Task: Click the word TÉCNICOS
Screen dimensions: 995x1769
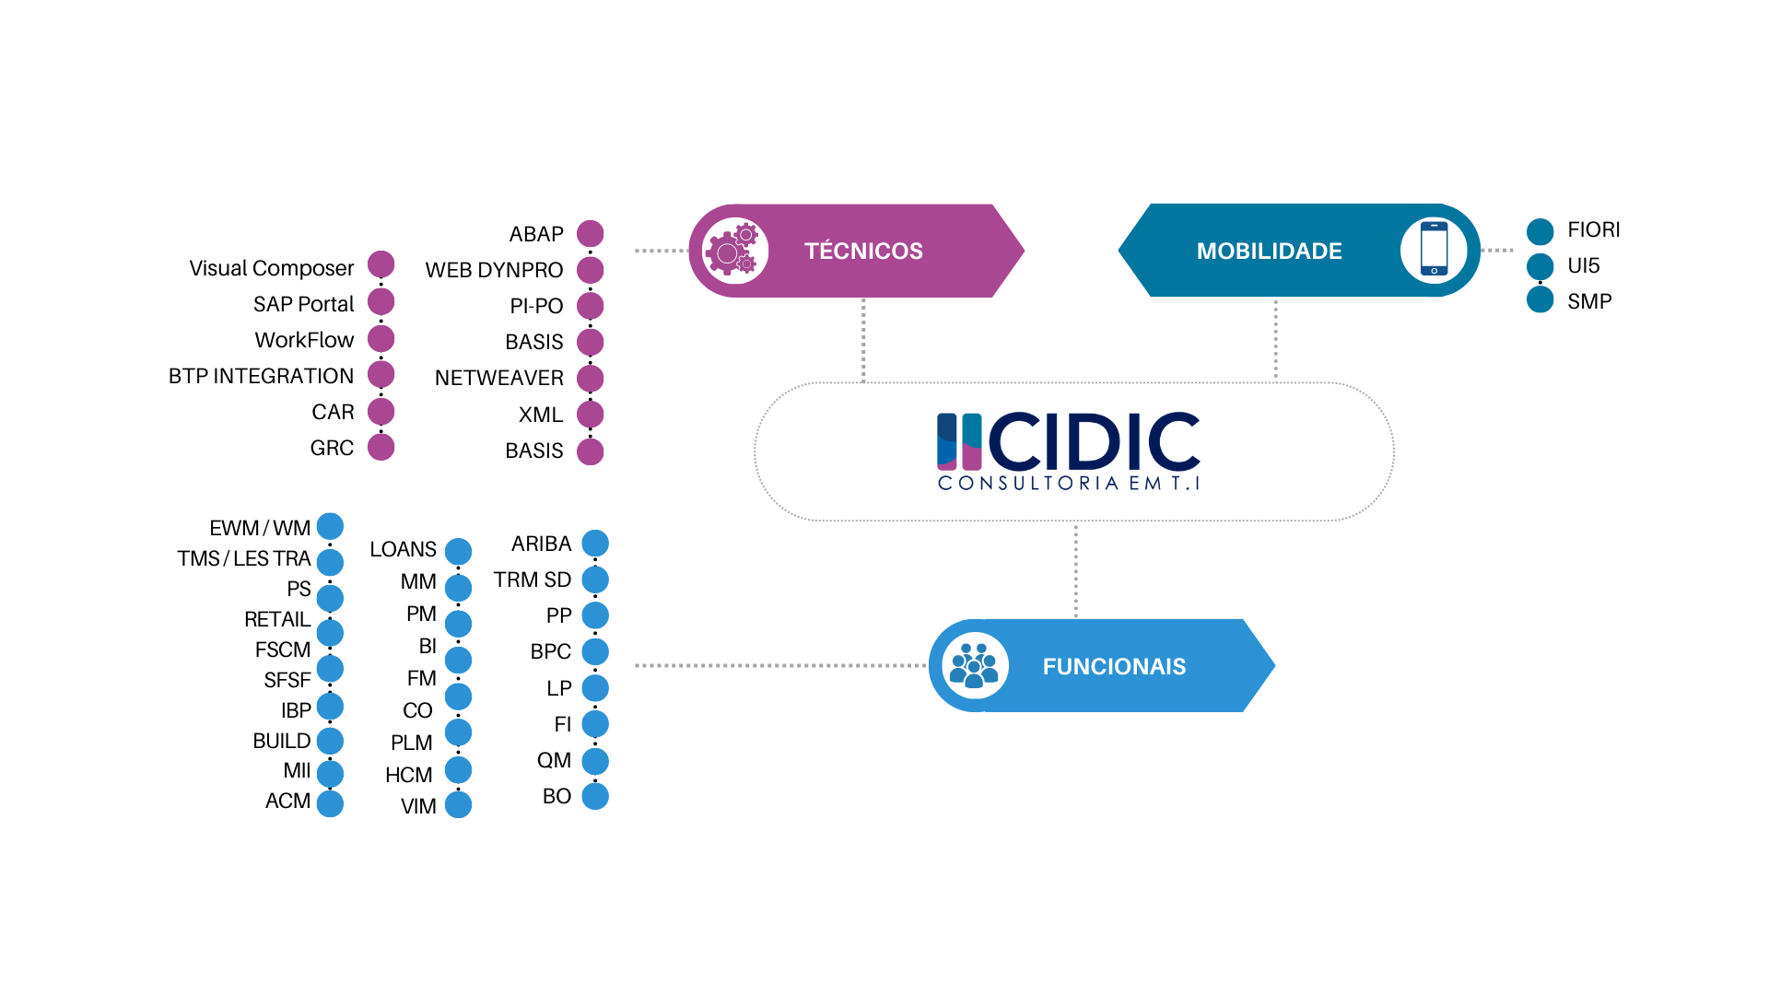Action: pos(863,251)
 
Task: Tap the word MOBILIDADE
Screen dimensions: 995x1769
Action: pos(1269,251)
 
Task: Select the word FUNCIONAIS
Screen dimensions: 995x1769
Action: pos(1114,666)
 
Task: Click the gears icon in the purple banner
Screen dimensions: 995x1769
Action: pos(734,251)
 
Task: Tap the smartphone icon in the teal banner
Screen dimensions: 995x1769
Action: pos(1434,250)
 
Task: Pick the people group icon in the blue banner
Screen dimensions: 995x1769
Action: pos(975,666)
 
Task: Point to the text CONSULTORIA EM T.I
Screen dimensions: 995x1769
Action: pos(1069,483)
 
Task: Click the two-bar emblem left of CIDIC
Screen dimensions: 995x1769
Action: pos(959,441)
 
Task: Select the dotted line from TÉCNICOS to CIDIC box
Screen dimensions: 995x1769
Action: pos(863,339)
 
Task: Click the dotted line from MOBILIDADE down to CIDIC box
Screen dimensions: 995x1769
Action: pos(1275,339)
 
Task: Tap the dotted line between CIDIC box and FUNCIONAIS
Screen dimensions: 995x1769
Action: pos(1075,571)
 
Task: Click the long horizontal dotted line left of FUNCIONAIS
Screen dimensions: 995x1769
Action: pos(779,665)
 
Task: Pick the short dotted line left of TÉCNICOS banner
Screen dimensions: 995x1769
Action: pos(661,251)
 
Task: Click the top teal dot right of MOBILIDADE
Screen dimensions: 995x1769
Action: pos(1541,232)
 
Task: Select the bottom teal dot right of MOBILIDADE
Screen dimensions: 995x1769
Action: pos(1541,299)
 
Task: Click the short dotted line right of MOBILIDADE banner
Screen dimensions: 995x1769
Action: pos(1498,250)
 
